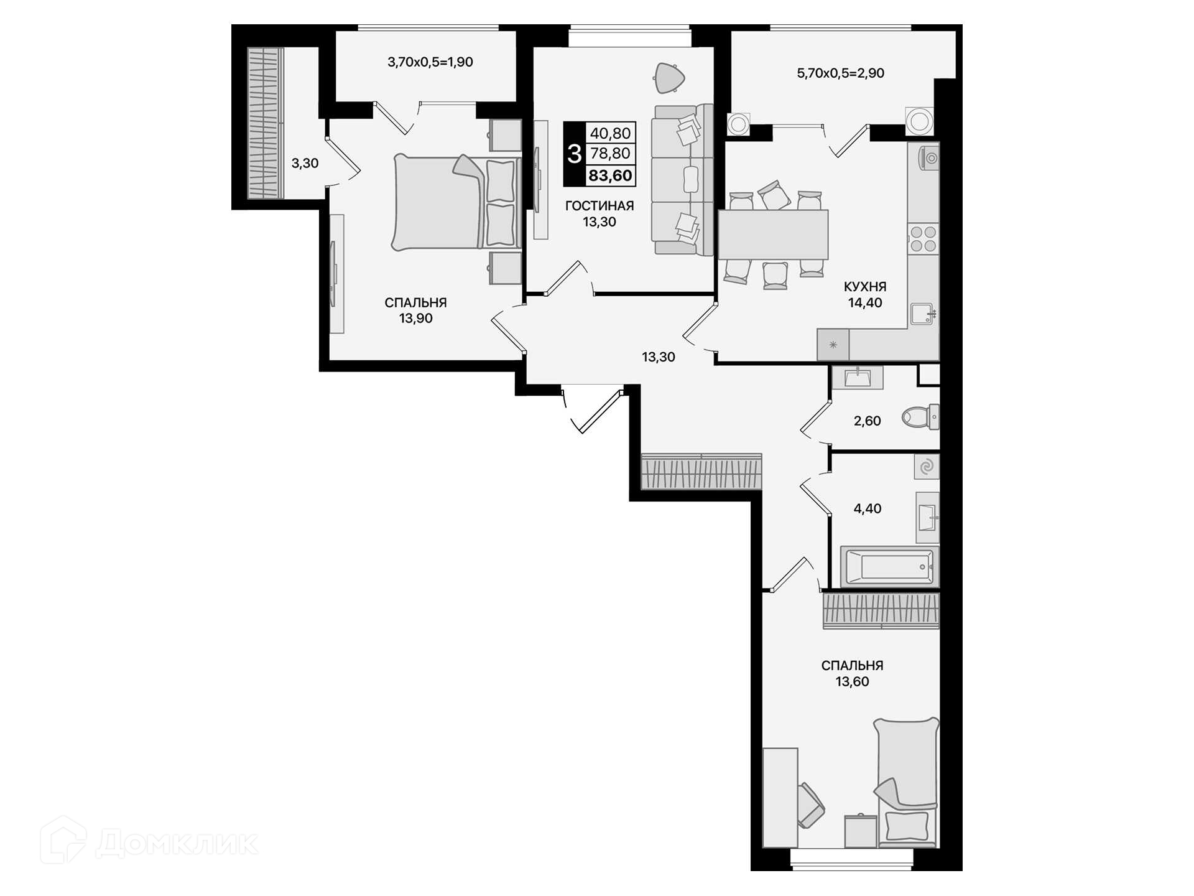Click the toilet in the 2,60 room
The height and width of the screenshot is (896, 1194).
pos(920,416)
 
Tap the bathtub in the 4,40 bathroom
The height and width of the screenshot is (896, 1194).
pos(889,567)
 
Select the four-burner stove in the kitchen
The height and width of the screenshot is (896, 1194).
pos(923,238)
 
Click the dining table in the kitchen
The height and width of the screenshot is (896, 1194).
pos(773,234)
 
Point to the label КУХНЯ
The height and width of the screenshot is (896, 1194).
pos(865,287)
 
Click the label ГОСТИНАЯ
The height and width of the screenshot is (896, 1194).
pos(599,206)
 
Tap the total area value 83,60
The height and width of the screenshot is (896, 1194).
pos(610,175)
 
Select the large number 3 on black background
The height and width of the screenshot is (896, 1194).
pos(575,154)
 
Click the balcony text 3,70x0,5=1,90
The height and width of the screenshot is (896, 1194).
pos(430,62)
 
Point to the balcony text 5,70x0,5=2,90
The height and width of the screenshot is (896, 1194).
pos(841,73)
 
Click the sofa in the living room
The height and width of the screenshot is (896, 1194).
pos(682,180)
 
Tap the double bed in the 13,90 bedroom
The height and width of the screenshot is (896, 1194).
pos(456,203)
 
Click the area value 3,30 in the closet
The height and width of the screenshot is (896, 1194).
pos(305,164)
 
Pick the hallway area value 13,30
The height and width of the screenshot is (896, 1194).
pos(659,357)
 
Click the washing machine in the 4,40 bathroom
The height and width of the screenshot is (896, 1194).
pos(927,467)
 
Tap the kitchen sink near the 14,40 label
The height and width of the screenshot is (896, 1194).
pos(922,314)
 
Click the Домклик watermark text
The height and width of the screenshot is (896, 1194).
pos(177,844)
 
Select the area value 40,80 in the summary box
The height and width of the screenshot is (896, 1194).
pos(610,133)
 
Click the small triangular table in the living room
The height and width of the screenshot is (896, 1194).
pos(669,78)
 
